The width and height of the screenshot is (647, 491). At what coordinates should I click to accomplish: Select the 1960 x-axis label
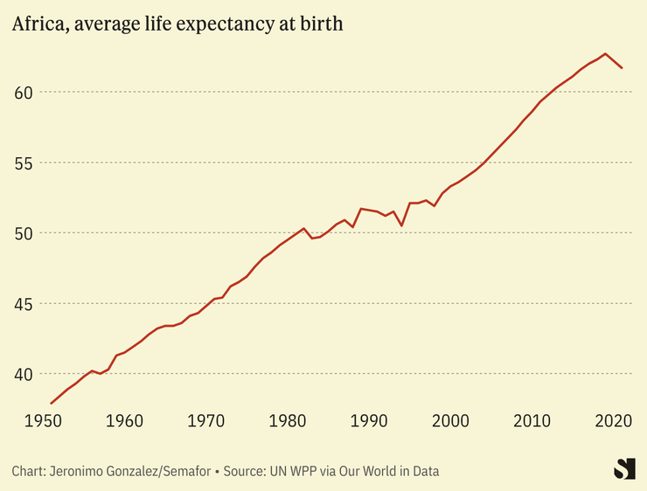pos(125,422)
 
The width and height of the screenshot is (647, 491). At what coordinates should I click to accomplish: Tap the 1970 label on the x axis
pos(206,422)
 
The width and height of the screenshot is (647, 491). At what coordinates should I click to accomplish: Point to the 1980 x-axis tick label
pos(288,422)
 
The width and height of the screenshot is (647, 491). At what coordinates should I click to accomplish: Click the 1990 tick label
pos(369,422)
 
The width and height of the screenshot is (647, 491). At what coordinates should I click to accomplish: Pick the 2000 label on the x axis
pos(450,422)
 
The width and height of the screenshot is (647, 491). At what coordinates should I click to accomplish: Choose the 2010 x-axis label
pos(532,422)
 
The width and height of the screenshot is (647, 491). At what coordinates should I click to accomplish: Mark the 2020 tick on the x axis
pos(614,422)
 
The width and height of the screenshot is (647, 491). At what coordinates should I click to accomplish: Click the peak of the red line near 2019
pos(605,53)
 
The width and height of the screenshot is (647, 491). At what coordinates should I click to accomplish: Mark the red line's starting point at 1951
pos(52,403)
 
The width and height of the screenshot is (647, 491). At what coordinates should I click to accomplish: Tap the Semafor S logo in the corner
pos(624,468)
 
